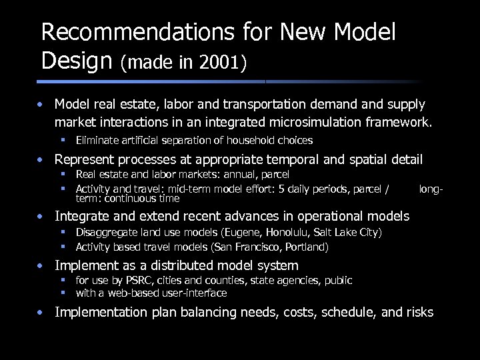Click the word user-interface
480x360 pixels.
click(x=191, y=293)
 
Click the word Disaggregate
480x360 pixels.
click(x=103, y=232)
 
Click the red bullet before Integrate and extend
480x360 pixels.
click(x=41, y=217)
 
